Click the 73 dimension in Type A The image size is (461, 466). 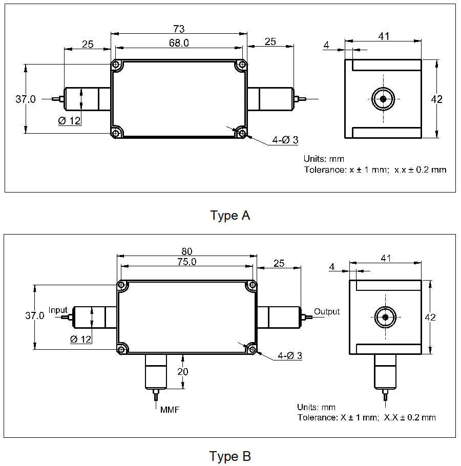click(179, 29)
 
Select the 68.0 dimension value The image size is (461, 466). click(179, 43)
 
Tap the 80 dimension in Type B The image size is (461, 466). click(186, 251)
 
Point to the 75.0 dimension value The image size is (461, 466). click(186, 261)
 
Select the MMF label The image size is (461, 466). click(169, 410)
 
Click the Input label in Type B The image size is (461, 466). click(58, 310)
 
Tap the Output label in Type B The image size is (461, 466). click(327, 311)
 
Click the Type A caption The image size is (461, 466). click(230, 216)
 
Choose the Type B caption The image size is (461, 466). click(230, 456)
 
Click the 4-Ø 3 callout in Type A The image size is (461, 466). click(285, 140)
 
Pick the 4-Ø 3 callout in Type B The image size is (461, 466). click(289, 355)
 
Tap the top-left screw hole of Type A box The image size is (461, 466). click(116, 66)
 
